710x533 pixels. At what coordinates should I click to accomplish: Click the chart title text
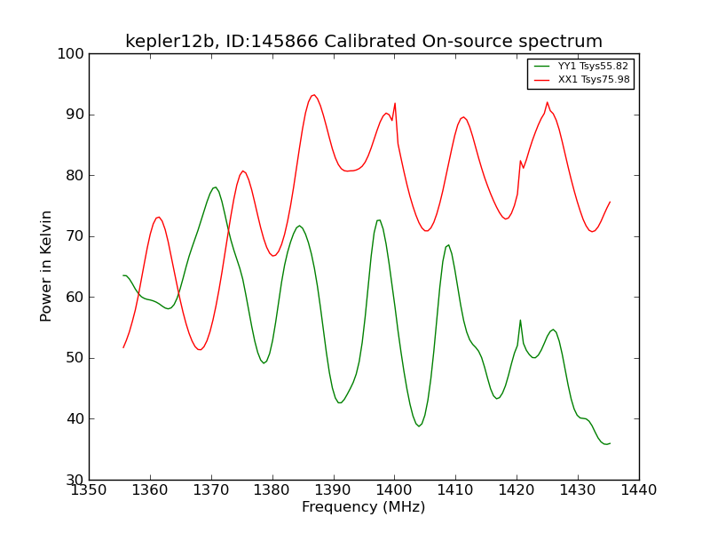click(364, 42)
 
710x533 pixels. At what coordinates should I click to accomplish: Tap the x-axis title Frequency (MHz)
click(364, 507)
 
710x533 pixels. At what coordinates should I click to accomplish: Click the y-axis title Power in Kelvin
click(47, 266)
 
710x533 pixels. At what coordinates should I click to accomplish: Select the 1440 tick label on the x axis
click(638, 489)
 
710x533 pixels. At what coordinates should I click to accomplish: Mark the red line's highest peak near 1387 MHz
click(313, 95)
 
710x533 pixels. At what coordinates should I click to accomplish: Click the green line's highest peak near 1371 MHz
click(215, 187)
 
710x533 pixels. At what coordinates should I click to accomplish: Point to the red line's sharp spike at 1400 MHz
click(395, 103)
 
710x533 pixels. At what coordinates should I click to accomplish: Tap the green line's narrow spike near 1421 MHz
click(520, 320)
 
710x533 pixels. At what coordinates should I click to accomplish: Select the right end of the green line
click(610, 443)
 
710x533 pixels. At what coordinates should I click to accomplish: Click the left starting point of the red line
click(123, 347)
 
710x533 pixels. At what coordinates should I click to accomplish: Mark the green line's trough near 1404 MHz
click(419, 426)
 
